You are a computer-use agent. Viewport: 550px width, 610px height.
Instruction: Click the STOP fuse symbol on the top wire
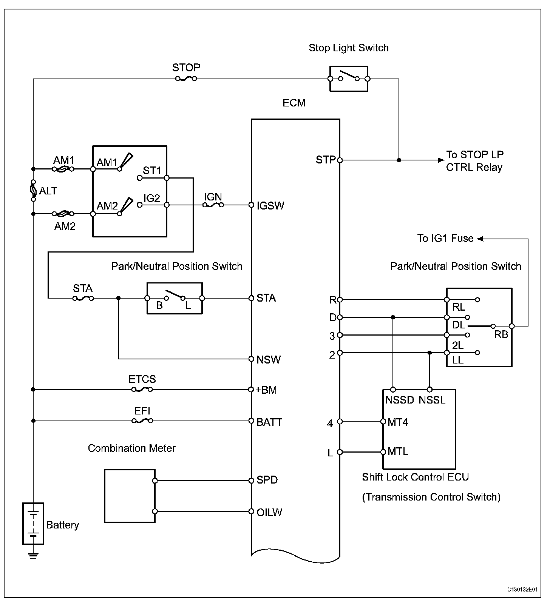click(x=186, y=79)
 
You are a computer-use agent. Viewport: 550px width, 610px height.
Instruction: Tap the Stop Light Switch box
click(x=349, y=79)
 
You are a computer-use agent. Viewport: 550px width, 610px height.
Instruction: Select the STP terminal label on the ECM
click(x=326, y=160)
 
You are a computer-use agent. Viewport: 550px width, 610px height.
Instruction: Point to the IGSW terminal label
click(x=270, y=206)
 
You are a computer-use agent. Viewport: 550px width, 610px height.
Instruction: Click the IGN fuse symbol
click(x=213, y=205)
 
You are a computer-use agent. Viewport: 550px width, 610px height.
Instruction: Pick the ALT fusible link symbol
click(x=33, y=190)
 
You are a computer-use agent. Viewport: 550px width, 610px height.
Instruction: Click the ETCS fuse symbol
click(x=142, y=389)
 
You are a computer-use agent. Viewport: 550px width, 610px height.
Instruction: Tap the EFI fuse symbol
click(x=142, y=421)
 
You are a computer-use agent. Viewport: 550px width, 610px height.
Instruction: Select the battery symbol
click(x=33, y=523)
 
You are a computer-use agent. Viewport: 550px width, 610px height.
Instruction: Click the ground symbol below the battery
click(x=33, y=555)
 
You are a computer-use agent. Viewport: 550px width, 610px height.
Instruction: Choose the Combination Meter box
click(x=130, y=496)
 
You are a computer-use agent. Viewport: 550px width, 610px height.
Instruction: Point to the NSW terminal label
click(x=269, y=360)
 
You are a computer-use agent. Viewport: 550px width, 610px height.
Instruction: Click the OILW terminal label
click(x=269, y=512)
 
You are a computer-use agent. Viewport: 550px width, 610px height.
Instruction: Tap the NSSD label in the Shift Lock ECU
click(x=400, y=400)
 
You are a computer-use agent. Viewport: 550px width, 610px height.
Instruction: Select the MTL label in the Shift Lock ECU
click(x=398, y=451)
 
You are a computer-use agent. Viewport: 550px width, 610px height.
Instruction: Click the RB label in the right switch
click(x=501, y=334)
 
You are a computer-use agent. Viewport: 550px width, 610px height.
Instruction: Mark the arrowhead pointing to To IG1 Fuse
click(x=480, y=239)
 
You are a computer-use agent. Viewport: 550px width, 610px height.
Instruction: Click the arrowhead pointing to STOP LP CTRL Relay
click(x=441, y=160)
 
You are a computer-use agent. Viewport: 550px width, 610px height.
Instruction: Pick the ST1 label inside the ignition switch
click(x=152, y=171)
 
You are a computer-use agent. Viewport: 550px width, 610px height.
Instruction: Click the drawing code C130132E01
click(x=523, y=590)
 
